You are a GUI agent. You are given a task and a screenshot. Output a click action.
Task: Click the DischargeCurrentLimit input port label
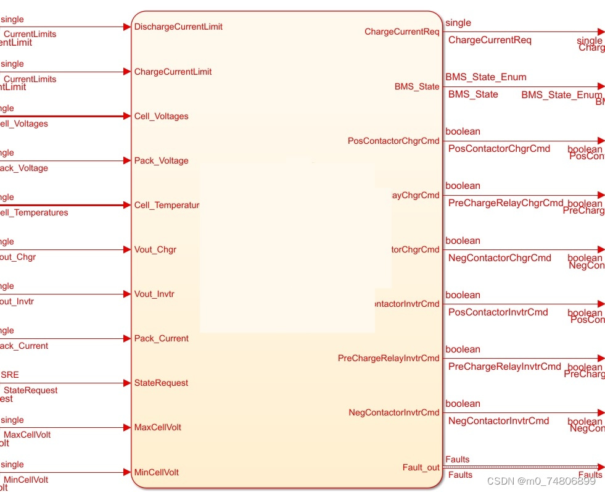click(x=178, y=27)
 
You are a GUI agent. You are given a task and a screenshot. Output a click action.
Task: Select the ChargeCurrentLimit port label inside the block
click(x=173, y=72)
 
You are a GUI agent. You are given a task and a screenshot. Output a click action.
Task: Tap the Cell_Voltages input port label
click(x=161, y=116)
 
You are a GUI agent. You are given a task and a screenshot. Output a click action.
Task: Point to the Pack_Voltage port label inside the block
click(x=161, y=161)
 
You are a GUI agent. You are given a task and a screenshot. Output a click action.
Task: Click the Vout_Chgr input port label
click(x=155, y=249)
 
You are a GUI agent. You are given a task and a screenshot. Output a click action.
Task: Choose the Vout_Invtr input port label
click(x=154, y=294)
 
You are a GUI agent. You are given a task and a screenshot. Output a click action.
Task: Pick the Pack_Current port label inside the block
click(x=161, y=338)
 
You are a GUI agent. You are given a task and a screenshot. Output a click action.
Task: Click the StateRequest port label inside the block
click(x=161, y=383)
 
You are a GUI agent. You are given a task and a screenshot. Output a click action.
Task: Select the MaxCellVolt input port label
click(x=157, y=427)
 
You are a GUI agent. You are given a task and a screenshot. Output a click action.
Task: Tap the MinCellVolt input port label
click(x=156, y=472)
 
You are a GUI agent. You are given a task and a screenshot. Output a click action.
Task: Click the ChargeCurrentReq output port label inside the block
click(x=402, y=31)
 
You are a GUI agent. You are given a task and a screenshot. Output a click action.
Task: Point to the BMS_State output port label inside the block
click(x=417, y=86)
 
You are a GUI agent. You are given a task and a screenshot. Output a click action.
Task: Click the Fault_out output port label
click(x=421, y=467)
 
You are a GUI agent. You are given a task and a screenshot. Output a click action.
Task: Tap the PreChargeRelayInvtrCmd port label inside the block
click(x=389, y=358)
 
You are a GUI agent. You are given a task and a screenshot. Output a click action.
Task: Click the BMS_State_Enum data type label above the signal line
click(x=486, y=77)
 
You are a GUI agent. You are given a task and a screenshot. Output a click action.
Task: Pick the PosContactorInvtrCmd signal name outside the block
click(x=498, y=312)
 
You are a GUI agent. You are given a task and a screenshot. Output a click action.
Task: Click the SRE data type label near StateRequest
click(x=10, y=375)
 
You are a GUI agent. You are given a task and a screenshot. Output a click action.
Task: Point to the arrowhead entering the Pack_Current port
click(x=128, y=338)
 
